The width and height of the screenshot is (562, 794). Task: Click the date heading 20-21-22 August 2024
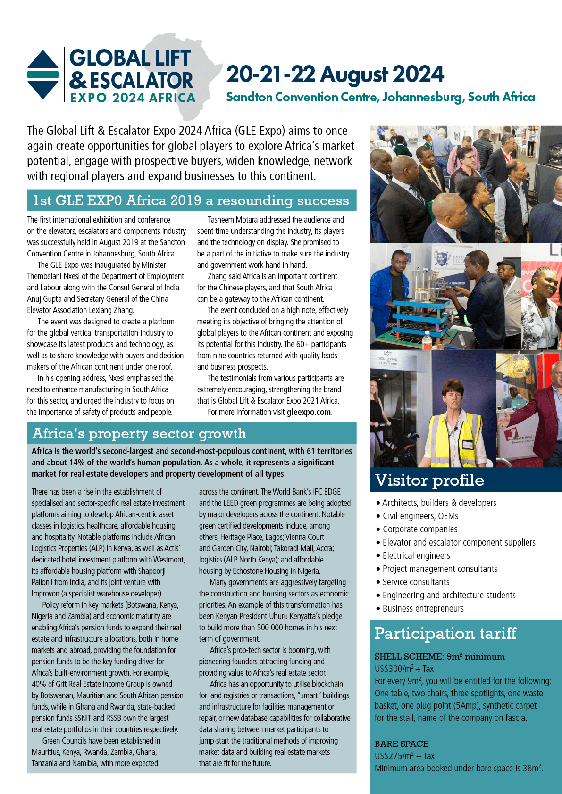335,74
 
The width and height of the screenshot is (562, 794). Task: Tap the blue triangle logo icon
43,74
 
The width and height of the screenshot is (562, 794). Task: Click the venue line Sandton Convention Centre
380,98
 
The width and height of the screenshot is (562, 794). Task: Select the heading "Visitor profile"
429,480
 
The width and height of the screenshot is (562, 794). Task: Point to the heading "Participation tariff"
445,633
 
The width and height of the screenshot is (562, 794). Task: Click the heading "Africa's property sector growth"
139,433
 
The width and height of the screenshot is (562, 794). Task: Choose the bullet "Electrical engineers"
416,555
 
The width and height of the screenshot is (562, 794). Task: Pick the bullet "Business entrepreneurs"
423,608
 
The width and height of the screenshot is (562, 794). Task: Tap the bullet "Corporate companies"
420,529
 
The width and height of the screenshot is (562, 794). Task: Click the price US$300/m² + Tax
404,669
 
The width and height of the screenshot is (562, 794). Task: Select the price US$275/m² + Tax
404,756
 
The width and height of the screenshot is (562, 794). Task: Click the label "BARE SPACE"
402,744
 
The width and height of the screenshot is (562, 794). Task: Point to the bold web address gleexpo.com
309,412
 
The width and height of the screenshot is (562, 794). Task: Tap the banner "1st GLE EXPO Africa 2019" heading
191,200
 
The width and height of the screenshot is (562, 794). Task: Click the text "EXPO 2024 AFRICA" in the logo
133,98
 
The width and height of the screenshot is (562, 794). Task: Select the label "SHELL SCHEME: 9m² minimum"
439,656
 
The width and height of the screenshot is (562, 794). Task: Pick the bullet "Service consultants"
416,582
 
